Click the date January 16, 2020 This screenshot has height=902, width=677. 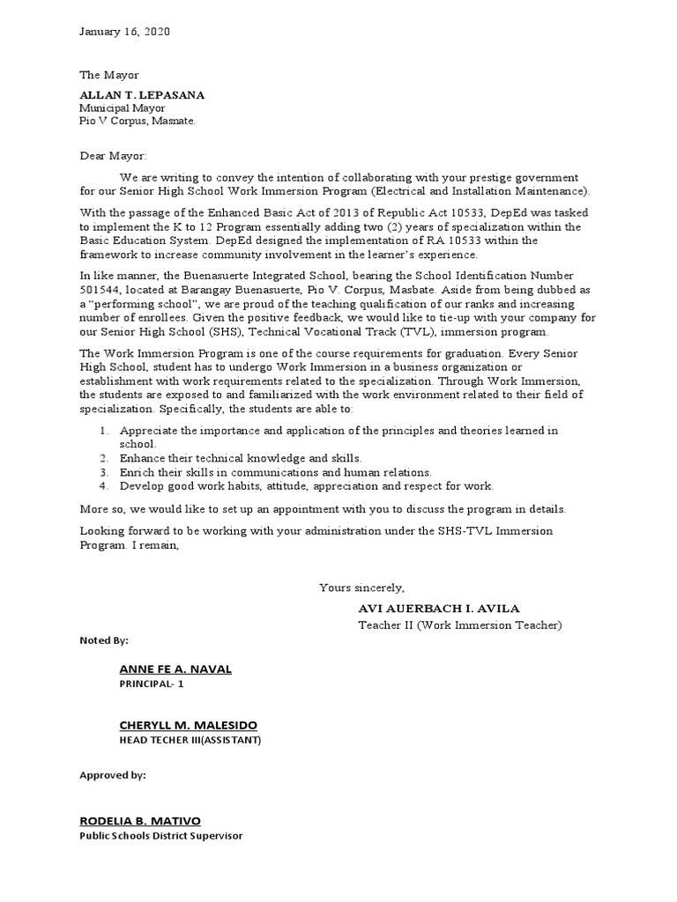124,32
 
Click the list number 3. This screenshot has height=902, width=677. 103,472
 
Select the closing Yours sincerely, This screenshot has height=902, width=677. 361,588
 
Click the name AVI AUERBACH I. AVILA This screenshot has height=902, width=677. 439,609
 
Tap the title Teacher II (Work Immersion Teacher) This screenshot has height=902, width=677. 459,625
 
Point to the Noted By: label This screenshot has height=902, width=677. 104,640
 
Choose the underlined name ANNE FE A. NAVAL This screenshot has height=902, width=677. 175,669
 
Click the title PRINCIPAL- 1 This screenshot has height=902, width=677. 153,684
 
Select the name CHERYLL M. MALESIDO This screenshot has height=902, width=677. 189,725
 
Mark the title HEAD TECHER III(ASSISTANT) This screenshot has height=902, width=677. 190,740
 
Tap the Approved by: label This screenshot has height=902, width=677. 113,775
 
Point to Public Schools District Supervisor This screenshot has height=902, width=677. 161,836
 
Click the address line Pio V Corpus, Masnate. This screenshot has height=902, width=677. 137,121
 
